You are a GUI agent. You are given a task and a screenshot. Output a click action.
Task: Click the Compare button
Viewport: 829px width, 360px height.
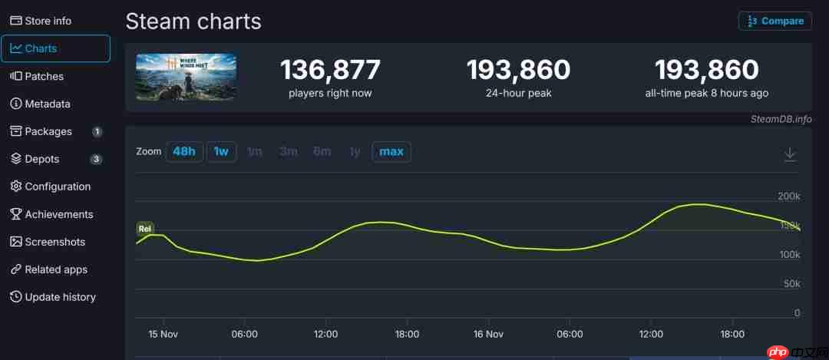pyautogui.click(x=775, y=21)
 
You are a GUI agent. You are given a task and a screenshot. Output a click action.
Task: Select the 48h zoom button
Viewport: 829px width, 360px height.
pyautogui.click(x=184, y=151)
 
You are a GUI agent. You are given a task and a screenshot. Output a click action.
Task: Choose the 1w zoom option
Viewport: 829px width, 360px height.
pyautogui.click(x=221, y=151)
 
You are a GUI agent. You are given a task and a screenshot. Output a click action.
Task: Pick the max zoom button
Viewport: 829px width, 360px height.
pyautogui.click(x=391, y=151)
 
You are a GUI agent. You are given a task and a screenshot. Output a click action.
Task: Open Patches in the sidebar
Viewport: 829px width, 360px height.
pyautogui.click(x=44, y=76)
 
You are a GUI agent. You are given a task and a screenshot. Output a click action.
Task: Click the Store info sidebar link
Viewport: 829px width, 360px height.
pyautogui.click(x=48, y=21)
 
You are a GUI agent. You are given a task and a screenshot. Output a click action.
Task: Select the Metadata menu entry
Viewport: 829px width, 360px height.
pyautogui.click(x=47, y=104)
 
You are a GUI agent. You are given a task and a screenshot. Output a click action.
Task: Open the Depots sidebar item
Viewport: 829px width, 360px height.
pyautogui.click(x=41, y=159)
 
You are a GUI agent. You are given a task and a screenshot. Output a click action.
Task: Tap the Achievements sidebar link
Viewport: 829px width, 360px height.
pyautogui.click(x=58, y=214)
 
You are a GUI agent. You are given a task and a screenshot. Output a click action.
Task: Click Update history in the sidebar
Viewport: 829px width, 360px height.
pyautogui.click(x=60, y=297)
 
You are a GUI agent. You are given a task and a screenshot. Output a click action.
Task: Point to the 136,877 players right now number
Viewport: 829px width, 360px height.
pyautogui.click(x=330, y=71)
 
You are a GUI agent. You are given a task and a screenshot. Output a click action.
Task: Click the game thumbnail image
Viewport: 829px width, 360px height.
pyautogui.click(x=187, y=77)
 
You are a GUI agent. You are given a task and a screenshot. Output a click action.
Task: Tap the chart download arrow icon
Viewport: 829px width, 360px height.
pyautogui.click(x=790, y=154)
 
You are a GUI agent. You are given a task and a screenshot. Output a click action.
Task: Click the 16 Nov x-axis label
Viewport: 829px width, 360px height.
pyautogui.click(x=488, y=334)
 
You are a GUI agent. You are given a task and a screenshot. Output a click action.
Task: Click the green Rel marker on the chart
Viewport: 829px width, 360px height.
pyautogui.click(x=144, y=228)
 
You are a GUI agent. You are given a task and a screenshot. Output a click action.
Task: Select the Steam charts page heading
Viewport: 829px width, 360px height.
pyautogui.click(x=193, y=21)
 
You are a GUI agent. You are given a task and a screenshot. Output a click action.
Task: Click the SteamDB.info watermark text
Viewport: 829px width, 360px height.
pyautogui.click(x=781, y=119)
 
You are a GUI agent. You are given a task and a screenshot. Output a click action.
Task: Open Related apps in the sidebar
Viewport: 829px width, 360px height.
pyautogui.click(x=56, y=269)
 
